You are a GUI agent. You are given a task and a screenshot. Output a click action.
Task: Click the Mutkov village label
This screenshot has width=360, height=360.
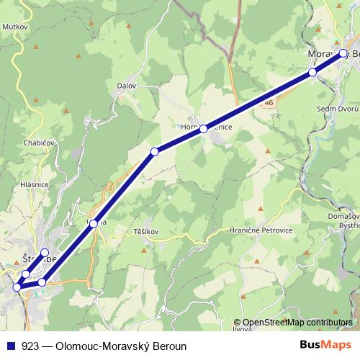(14, 25)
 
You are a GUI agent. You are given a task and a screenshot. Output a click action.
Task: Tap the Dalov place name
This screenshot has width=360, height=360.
(126, 85)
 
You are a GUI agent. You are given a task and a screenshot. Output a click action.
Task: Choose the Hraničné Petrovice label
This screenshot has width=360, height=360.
(261, 230)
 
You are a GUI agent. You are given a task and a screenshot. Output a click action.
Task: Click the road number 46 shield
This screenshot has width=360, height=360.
(269, 103)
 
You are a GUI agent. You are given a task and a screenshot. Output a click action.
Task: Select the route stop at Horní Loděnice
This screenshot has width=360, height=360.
(204, 129)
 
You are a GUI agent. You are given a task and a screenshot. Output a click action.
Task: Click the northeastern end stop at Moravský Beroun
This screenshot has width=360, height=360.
(343, 53)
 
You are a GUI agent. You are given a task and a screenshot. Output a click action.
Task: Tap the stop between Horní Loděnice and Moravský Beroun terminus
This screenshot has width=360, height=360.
(312, 72)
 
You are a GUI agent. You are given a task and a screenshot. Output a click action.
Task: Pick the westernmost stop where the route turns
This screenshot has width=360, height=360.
(17, 287)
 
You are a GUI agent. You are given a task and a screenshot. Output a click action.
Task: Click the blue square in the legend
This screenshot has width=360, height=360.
(11, 346)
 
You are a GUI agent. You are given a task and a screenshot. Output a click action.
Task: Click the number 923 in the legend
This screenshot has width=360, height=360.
(30, 346)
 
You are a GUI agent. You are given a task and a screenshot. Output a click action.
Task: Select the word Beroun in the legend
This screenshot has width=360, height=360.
(170, 346)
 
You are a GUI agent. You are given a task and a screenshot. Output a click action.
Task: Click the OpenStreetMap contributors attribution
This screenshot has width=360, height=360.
(297, 323)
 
